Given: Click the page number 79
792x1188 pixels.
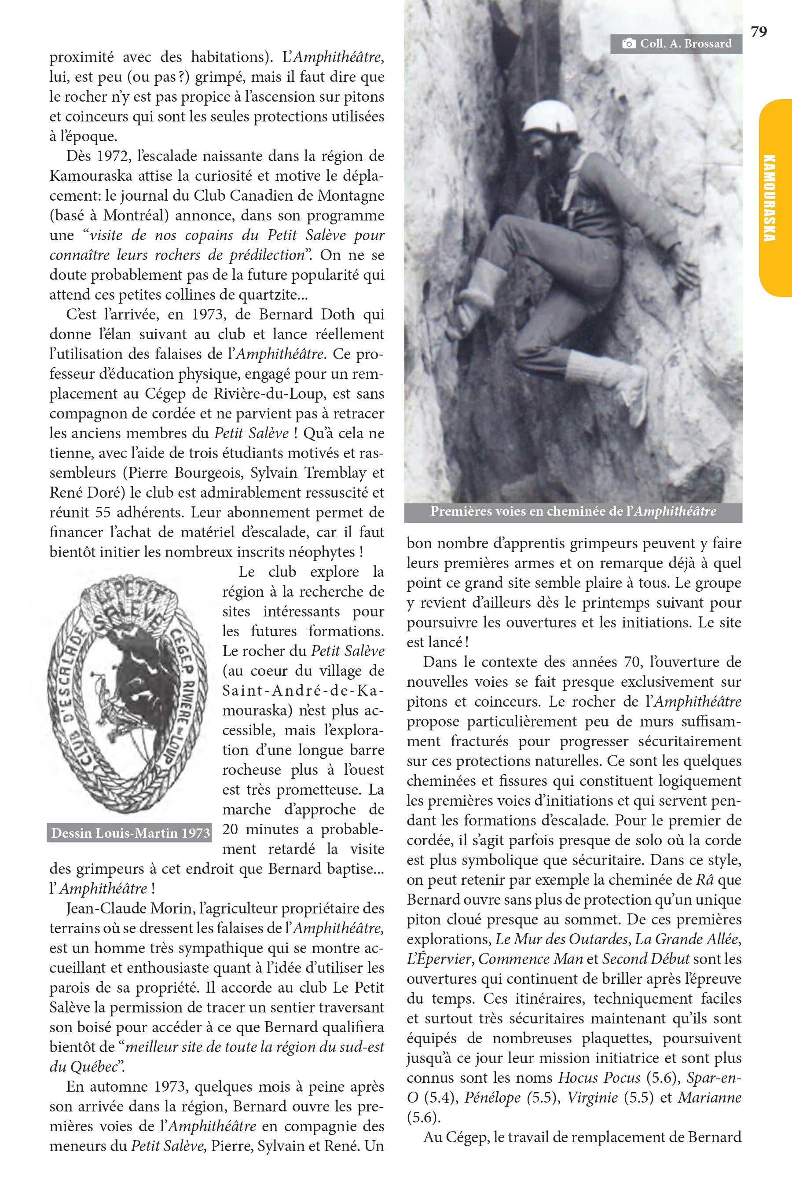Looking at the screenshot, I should (x=759, y=32).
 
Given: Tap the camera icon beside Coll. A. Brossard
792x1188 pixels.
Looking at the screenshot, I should (x=628, y=44).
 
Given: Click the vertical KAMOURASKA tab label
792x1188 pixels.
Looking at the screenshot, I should (x=769, y=198).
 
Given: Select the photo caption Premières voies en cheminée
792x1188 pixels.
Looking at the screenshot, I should (x=573, y=512).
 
